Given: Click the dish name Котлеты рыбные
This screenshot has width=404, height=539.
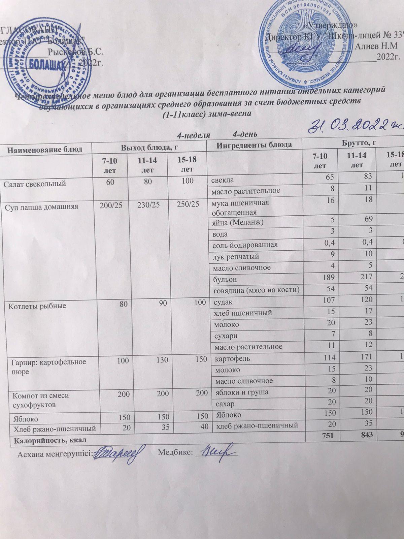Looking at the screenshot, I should click(x=33, y=306).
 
